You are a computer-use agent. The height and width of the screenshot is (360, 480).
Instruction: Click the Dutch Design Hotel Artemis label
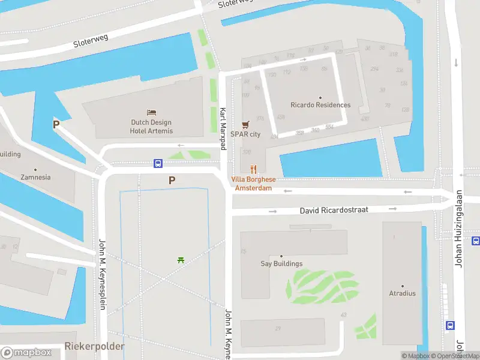coord(152,127)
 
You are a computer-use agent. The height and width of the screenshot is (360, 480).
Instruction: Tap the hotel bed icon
coord(152,112)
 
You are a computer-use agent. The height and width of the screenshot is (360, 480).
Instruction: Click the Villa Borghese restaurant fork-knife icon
coord(253,169)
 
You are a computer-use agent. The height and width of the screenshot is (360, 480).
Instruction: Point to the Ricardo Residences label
coord(320,105)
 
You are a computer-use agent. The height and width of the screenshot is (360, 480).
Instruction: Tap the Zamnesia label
coord(35,178)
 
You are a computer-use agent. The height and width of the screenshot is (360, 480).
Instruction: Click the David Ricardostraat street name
coord(334,211)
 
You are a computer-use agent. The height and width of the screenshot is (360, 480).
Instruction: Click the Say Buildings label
coord(281,263)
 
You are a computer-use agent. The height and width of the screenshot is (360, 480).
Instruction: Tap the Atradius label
coord(402,293)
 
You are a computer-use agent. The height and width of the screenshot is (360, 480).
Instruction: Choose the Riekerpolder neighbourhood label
coord(95,347)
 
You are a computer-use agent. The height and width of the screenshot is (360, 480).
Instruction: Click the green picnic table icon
coord(181,260)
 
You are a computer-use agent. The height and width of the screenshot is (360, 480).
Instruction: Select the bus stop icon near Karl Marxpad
coord(158,163)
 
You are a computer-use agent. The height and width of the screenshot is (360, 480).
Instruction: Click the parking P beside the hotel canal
coord(56,125)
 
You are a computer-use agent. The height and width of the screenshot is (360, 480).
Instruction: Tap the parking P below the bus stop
coord(172,180)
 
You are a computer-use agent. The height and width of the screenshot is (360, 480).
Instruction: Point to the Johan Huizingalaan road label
coord(460,236)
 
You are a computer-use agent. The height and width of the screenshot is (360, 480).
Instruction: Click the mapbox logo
coord(26,352)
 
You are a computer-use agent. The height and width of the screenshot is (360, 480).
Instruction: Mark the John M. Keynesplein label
coord(103,274)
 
